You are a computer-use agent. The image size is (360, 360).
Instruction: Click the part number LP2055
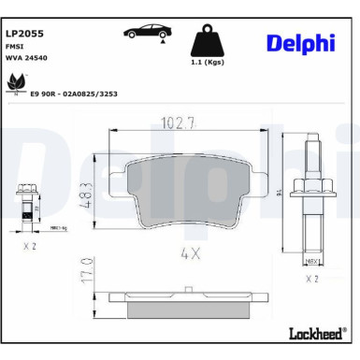[x=25, y=33]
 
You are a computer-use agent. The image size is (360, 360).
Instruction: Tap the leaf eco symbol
[x=16, y=84]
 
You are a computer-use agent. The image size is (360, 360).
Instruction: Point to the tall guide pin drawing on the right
[x=313, y=197]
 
